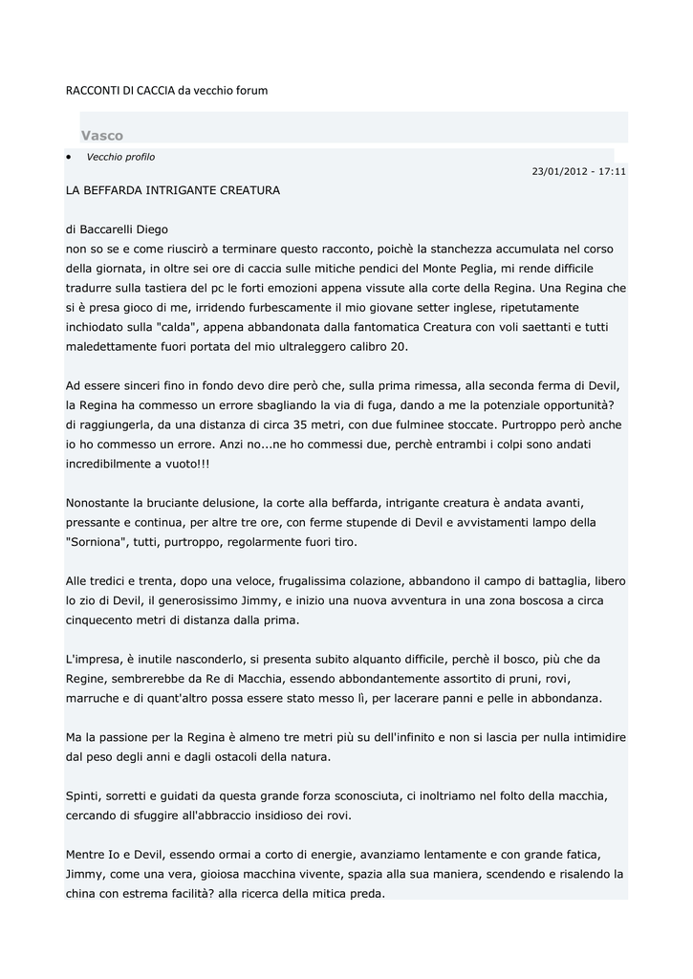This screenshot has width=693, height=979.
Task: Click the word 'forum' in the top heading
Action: (x=251, y=90)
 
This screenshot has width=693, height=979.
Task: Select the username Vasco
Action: (x=102, y=136)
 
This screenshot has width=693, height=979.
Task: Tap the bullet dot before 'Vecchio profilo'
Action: (x=69, y=157)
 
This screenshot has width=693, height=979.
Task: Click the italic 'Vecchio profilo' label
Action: (x=120, y=157)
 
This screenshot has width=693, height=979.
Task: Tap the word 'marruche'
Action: (x=93, y=698)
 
